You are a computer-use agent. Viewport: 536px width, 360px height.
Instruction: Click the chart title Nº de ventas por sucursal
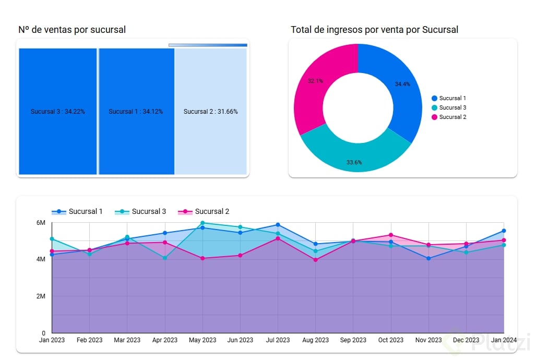72,30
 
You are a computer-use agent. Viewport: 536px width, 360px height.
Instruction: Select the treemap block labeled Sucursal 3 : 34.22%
57,111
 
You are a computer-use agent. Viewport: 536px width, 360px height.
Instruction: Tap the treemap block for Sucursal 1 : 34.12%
136,111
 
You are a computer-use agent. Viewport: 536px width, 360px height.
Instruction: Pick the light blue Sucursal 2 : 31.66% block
210,111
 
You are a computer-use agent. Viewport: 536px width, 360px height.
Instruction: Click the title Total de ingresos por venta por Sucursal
374,30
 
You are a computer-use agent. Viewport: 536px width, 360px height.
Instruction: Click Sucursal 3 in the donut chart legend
452,107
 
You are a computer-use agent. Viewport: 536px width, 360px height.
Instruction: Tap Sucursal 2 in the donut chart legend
452,117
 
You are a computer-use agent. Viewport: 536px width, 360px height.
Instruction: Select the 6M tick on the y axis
41,223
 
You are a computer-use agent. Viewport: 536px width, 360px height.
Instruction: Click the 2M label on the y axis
41,296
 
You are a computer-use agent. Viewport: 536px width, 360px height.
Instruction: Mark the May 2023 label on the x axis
203,340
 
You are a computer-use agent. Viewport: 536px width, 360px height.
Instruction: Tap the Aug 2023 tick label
316,340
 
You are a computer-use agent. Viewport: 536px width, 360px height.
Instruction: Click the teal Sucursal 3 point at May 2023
203,223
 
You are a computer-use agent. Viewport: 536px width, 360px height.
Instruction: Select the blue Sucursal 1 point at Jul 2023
278,225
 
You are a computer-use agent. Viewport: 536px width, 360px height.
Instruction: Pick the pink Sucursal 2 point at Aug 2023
316,260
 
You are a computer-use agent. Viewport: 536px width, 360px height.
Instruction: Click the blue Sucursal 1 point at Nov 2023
428,258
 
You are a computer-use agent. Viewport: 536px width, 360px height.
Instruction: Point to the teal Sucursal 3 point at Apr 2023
165,258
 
